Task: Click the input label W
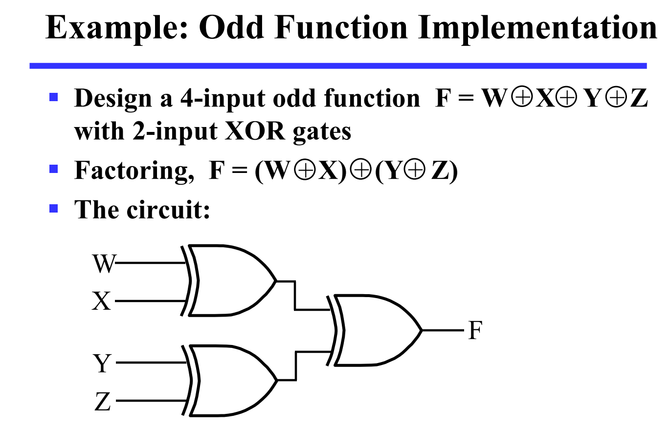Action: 104,264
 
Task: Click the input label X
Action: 102,301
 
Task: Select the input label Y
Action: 102,364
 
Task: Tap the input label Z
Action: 102,403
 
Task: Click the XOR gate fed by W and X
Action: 230,280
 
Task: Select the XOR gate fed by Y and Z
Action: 230,381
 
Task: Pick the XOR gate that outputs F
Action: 377,331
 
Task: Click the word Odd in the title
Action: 233,28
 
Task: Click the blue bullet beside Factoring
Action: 54,170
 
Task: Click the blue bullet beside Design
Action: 54,96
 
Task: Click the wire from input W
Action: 149,263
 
